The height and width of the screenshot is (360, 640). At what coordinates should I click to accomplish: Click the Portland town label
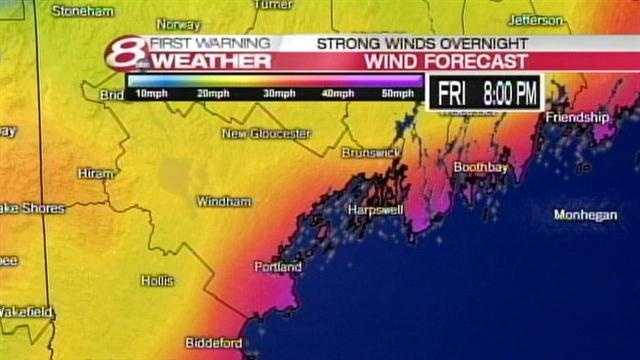pos(277,267)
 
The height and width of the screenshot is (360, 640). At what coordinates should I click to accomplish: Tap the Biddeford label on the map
pos(213,342)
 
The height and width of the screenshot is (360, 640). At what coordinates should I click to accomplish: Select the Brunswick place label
pos(371,152)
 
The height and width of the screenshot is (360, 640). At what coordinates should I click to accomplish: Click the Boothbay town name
pos(481,167)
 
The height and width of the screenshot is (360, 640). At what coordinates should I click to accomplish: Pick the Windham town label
pos(224,201)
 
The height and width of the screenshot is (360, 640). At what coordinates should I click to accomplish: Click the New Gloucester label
pos(267,133)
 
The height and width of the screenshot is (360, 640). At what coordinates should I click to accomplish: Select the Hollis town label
pos(157,281)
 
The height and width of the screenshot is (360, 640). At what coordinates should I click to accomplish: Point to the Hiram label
pos(96,173)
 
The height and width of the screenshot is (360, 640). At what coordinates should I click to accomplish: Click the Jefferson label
pos(536,19)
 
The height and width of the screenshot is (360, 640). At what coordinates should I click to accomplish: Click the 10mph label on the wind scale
pos(151,93)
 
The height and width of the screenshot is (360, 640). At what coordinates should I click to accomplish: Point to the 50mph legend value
pos(397,93)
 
